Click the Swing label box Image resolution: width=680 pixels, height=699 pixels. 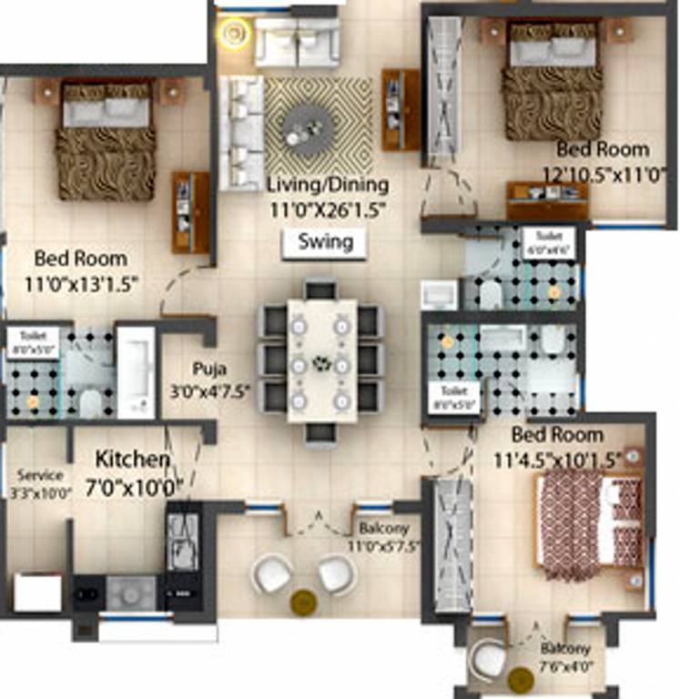[x=324, y=243]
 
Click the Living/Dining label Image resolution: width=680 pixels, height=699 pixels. [x=328, y=185]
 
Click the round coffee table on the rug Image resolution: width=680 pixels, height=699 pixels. [x=303, y=127]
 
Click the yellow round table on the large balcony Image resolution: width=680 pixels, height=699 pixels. [x=303, y=602]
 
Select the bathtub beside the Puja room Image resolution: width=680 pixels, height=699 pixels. [x=137, y=370]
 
